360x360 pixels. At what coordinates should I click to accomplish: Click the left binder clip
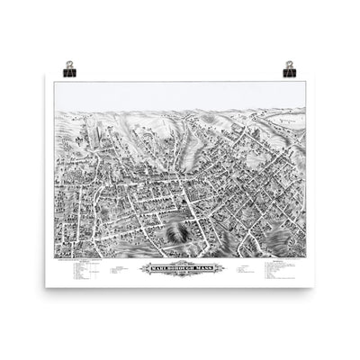click(69, 67)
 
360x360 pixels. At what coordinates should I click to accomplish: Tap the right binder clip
click(290, 67)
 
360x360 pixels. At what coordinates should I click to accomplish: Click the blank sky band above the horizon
click(180, 94)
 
